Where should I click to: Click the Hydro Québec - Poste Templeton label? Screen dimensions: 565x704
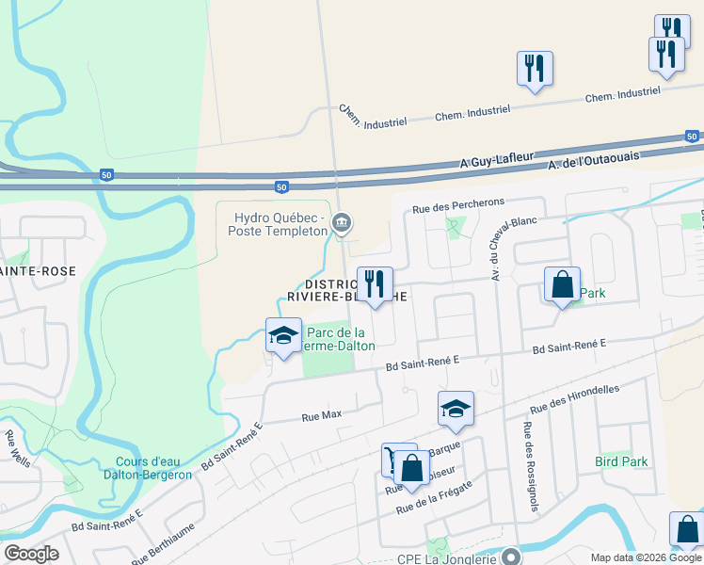[279, 223]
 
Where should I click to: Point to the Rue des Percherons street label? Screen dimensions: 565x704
[459, 202]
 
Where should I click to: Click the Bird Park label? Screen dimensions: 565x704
[621, 462]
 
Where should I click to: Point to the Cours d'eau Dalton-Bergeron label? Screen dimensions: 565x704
[153, 468]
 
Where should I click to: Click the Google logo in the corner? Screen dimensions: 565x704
[31, 554]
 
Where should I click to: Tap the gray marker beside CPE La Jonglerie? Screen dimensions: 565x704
[510, 557]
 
